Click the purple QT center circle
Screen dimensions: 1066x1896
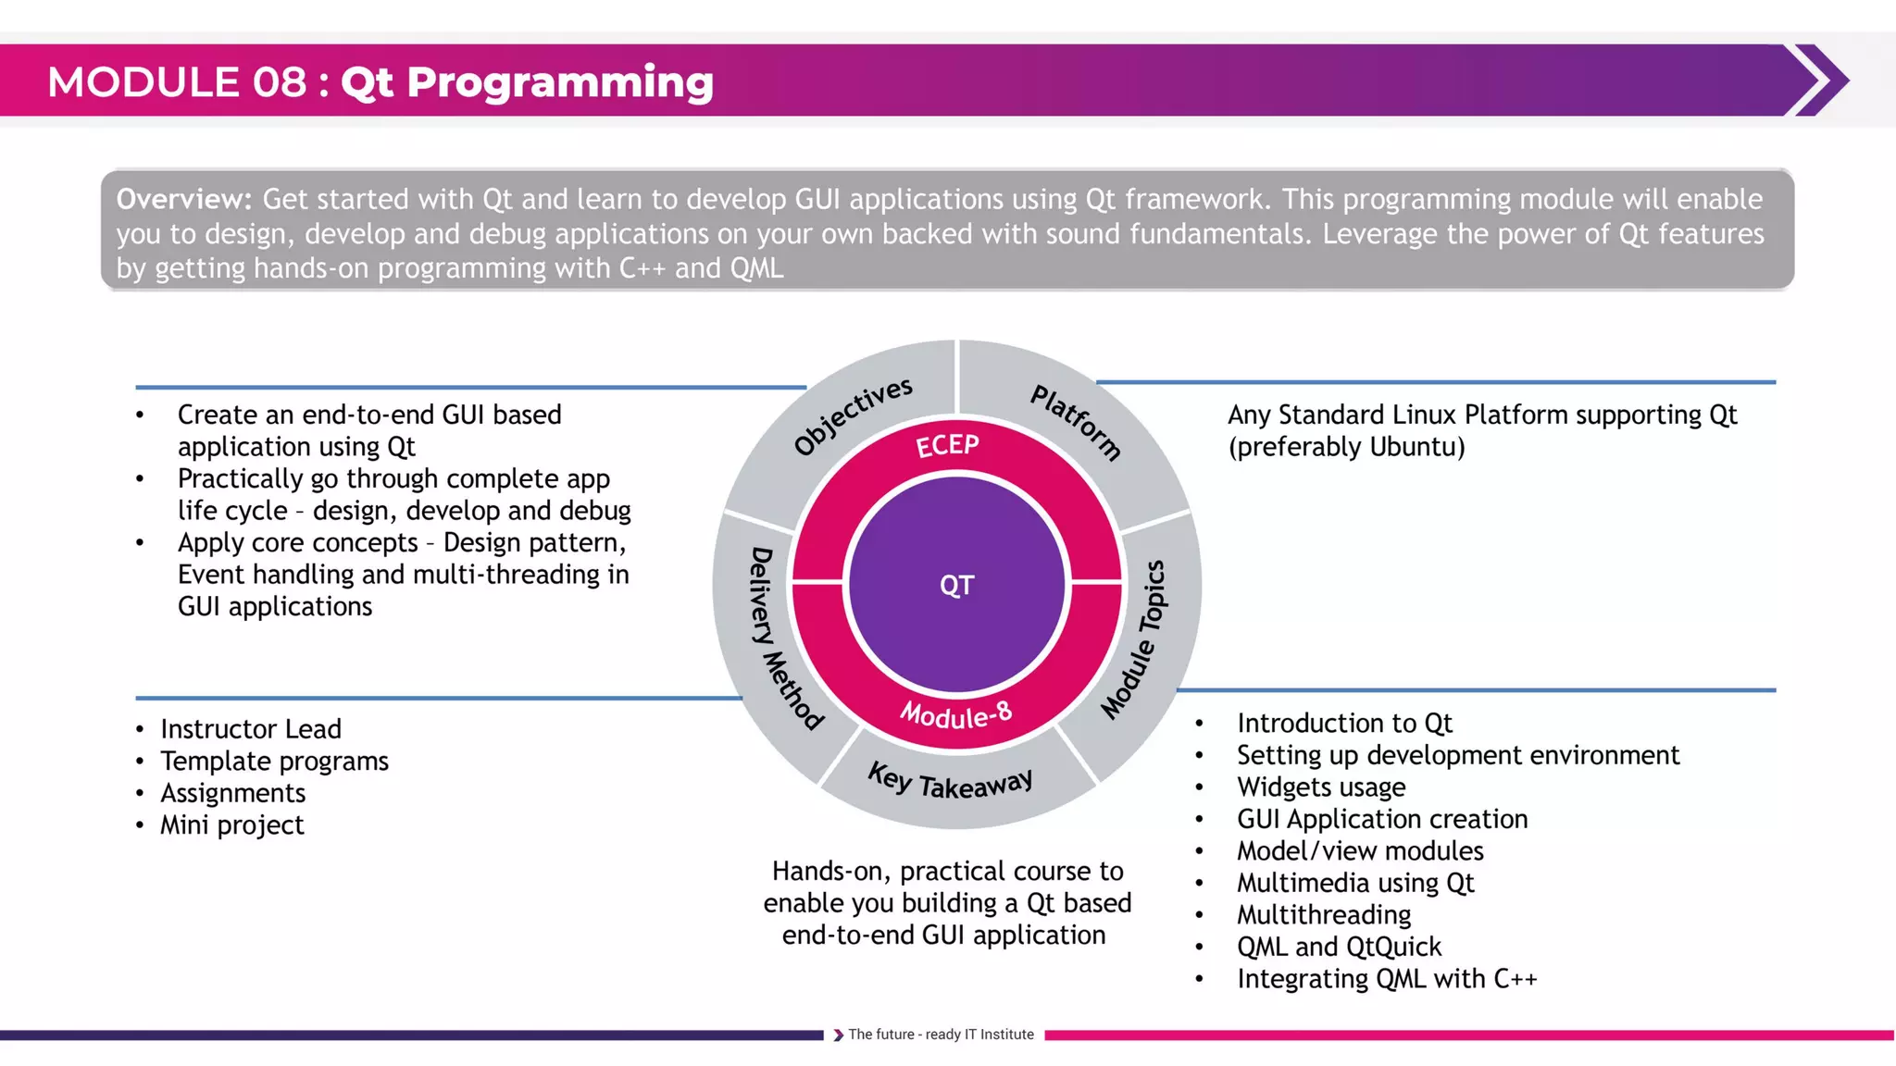point(956,585)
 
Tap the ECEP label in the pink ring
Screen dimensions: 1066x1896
point(947,446)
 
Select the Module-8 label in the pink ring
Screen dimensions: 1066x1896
point(956,714)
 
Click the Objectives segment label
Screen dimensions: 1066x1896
point(853,415)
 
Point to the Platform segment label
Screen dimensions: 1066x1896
point(1077,422)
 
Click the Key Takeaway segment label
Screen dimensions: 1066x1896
point(951,783)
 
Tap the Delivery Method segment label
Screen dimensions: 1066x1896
point(783,638)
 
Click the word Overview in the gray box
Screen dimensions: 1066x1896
point(183,199)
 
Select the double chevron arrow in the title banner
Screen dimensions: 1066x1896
point(1818,81)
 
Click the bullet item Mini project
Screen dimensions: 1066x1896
point(231,824)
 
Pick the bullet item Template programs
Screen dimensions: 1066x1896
point(274,761)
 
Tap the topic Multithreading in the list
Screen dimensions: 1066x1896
point(1323,914)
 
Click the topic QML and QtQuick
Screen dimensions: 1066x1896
point(1339,947)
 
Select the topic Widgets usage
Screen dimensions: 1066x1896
point(1320,787)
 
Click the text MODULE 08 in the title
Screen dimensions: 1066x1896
point(177,82)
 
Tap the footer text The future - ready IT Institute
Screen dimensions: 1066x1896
point(940,1035)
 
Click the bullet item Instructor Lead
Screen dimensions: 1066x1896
point(251,729)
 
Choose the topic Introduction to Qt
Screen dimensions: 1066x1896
point(1343,723)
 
